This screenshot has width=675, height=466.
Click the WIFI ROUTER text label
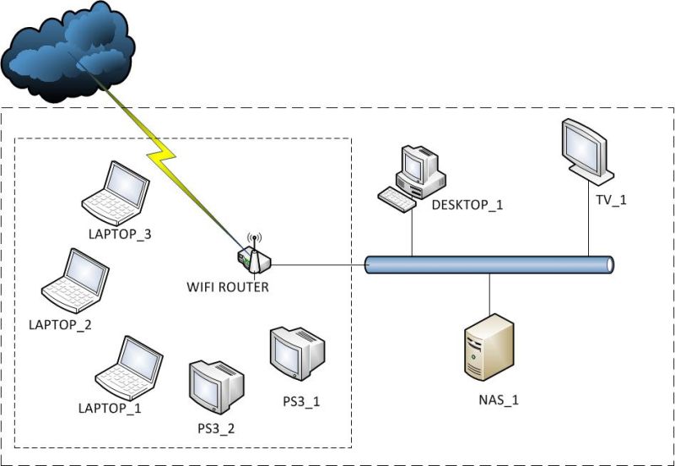(x=228, y=287)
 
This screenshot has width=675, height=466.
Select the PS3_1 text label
(x=301, y=400)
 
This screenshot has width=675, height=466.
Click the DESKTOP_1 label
(x=467, y=204)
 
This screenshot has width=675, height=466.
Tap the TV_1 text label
(x=611, y=200)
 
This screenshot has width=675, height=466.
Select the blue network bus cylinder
(x=489, y=265)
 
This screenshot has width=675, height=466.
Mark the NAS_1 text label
(x=497, y=399)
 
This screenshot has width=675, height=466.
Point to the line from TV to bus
(x=588, y=219)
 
